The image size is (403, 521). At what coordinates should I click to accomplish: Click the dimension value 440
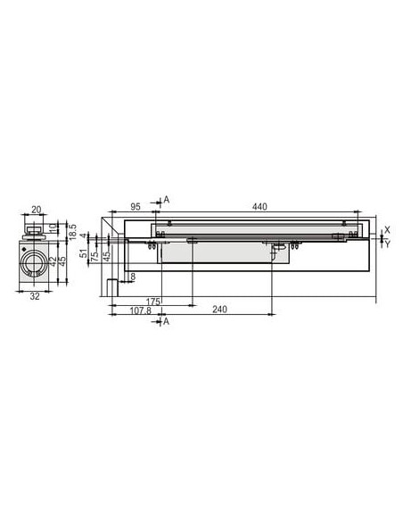pos(259,207)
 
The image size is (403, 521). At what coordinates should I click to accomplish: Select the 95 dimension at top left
pos(136,207)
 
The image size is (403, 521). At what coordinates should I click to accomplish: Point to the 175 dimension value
pos(152,302)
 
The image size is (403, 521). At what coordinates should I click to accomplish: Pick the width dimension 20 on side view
pos(36,210)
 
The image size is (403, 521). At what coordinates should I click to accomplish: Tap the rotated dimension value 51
pos(84,254)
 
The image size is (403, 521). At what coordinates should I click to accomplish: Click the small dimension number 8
pos(132,277)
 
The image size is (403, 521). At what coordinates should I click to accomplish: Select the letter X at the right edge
pos(387,228)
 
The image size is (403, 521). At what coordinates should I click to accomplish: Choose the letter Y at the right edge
pos(387,244)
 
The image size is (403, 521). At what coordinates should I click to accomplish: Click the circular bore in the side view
pos(35,264)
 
